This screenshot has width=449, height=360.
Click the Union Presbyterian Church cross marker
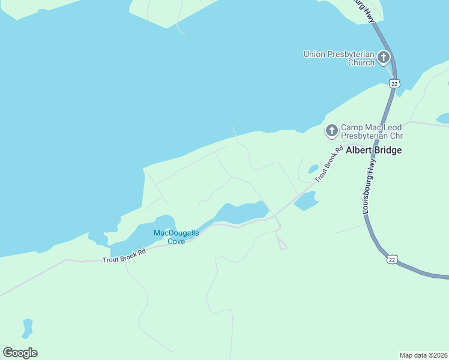click(384, 58)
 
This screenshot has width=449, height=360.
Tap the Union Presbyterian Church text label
click(339, 58)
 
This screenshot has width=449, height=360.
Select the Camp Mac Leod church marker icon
click(331, 130)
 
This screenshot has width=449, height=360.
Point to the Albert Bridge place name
click(375, 150)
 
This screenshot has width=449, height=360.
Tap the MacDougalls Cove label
click(176, 237)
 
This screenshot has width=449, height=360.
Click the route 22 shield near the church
click(394, 84)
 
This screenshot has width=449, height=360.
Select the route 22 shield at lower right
click(392, 259)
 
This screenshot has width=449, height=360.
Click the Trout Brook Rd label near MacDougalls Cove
click(124, 256)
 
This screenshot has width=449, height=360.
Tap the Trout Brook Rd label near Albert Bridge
click(329, 164)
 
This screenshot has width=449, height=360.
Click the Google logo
click(20, 353)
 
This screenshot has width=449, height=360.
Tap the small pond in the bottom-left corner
click(27, 328)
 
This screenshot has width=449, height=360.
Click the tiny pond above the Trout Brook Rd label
click(313, 169)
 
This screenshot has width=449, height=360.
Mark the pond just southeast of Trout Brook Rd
click(306, 201)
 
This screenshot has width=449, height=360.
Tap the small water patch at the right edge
click(443, 118)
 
